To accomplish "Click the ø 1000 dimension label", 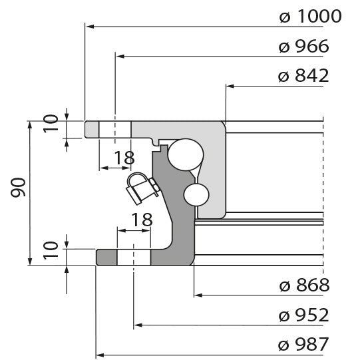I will (310, 17).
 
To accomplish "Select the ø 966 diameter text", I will (304, 47).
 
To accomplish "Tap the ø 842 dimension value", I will (303, 76).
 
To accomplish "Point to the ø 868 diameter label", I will (304, 285).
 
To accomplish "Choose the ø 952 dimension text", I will (304, 315).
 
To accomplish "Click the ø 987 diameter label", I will (304, 345).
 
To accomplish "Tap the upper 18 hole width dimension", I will (124, 158).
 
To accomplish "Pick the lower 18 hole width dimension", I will (141, 219).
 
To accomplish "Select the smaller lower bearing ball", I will (197, 194).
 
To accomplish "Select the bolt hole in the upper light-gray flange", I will (115, 130).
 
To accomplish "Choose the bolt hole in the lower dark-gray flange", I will (134, 257).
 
